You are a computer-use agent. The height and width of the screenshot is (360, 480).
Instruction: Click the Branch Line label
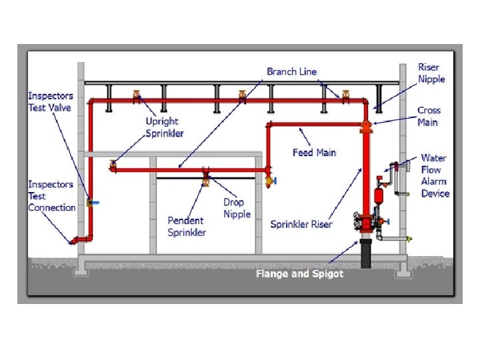point(291,71)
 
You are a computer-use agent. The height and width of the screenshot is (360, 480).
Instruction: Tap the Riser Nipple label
point(431,73)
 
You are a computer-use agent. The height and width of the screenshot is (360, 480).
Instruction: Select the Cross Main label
point(428,116)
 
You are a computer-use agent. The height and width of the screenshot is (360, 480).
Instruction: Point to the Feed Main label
point(314,153)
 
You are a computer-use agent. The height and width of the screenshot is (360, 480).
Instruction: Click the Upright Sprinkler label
point(162,127)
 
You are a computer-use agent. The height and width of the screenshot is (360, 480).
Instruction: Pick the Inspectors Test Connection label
point(51,196)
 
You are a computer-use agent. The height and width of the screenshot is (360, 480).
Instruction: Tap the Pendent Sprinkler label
point(187,226)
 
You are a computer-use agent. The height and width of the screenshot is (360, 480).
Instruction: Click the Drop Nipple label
point(237,207)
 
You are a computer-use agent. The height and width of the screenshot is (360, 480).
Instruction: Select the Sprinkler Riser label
point(301,225)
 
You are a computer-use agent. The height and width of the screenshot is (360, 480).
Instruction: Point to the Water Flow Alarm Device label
point(435,176)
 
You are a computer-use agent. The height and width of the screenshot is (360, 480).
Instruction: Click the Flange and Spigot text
point(299,274)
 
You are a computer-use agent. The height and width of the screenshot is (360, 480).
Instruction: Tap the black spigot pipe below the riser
point(365,254)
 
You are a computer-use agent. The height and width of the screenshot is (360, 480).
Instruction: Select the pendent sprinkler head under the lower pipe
point(205,179)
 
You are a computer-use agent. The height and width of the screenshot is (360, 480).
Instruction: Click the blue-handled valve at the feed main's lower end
point(270,180)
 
